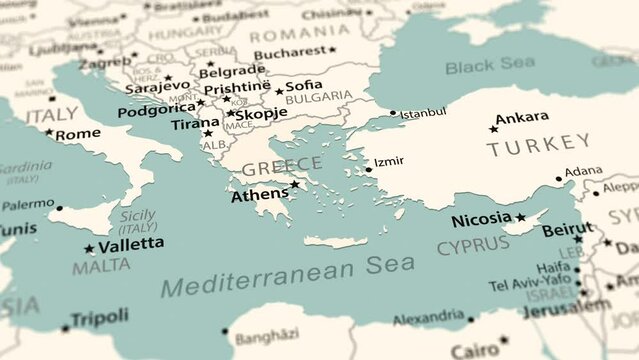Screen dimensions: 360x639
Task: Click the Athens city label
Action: click(260, 196)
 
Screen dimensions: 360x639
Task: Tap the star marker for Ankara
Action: click(493, 129)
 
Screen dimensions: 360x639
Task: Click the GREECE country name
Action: click(282, 166)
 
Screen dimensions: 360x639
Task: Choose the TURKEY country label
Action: click(538, 147)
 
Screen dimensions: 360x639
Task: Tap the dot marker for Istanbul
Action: click(393, 113)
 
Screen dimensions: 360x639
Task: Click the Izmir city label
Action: click(389, 162)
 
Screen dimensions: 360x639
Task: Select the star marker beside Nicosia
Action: click(520, 218)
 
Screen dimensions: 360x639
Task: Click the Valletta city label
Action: click(132, 243)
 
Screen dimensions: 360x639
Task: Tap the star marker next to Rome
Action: click(49, 132)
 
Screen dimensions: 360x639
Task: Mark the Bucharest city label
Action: click(290, 54)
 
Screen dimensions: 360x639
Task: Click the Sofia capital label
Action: click(304, 85)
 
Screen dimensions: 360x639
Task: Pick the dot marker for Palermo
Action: click(59, 208)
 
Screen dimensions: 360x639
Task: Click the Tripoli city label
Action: click(100, 316)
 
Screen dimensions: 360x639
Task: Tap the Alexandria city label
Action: click(427, 319)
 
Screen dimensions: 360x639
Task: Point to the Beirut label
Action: click(566, 230)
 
